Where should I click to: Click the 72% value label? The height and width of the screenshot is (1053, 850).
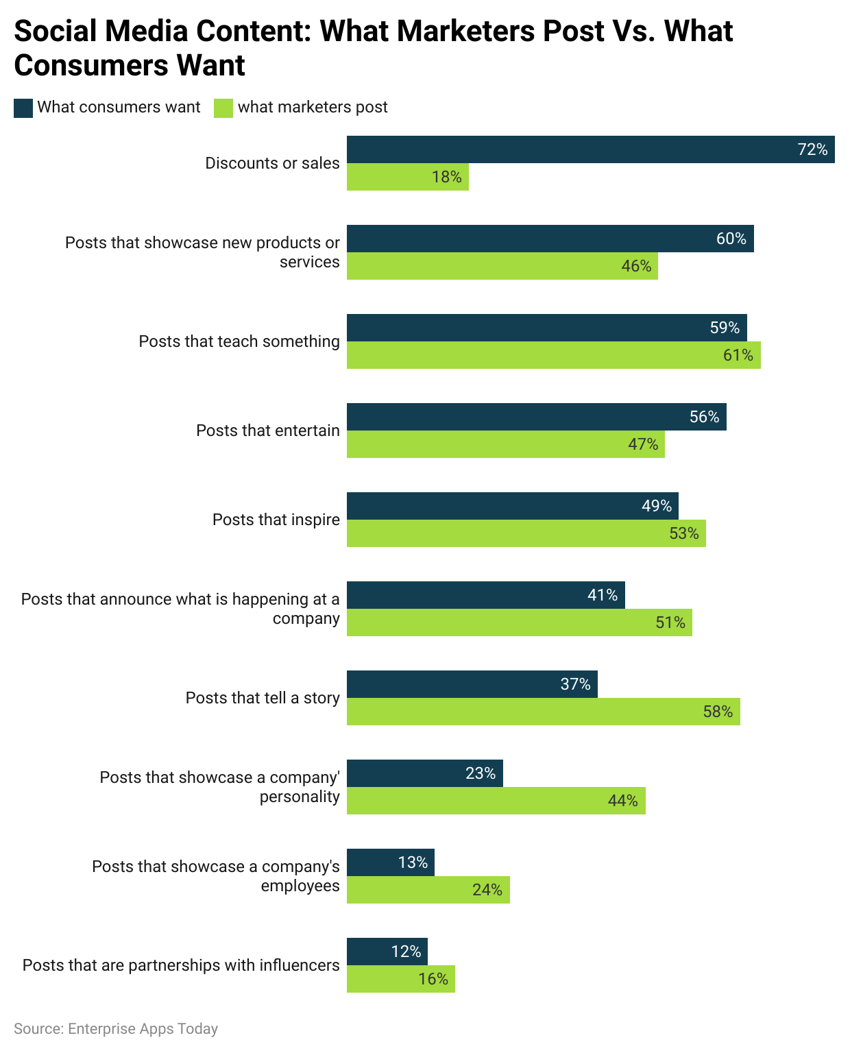pyautogui.click(x=812, y=149)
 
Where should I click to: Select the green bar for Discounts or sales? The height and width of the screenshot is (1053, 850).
pyautogui.click(x=407, y=177)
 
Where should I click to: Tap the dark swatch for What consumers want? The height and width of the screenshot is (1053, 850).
pyautogui.click(x=23, y=108)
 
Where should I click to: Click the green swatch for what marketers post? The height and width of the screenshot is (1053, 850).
pyautogui.click(x=223, y=108)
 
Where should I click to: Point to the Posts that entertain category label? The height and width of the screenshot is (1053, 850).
pyautogui.click(x=267, y=431)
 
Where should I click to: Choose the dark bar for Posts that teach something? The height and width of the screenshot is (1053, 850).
pyautogui.click(x=546, y=328)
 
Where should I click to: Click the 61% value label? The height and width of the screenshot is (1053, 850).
pyautogui.click(x=738, y=355)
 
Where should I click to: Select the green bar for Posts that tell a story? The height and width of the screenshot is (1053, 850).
pyautogui.click(x=543, y=712)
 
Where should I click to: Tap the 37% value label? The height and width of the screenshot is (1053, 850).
pyautogui.click(x=575, y=684)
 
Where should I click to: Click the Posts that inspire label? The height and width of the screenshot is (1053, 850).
pyautogui.click(x=276, y=520)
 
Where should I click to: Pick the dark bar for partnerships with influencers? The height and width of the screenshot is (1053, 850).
pyautogui.click(x=387, y=952)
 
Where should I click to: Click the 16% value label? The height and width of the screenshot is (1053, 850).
pyautogui.click(x=433, y=979)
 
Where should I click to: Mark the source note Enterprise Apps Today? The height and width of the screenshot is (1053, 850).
pyautogui.click(x=116, y=1029)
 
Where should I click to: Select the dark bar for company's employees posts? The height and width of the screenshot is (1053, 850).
pyautogui.click(x=390, y=862)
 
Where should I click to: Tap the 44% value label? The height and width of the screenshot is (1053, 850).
pyautogui.click(x=622, y=801)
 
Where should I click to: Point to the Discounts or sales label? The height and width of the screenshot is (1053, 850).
pyautogui.click(x=272, y=163)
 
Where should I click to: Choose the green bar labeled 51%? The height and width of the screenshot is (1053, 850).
pyautogui.click(x=519, y=622)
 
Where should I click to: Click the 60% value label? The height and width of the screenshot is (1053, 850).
pyautogui.click(x=731, y=239)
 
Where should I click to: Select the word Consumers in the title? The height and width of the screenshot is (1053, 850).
pyautogui.click(x=90, y=66)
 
